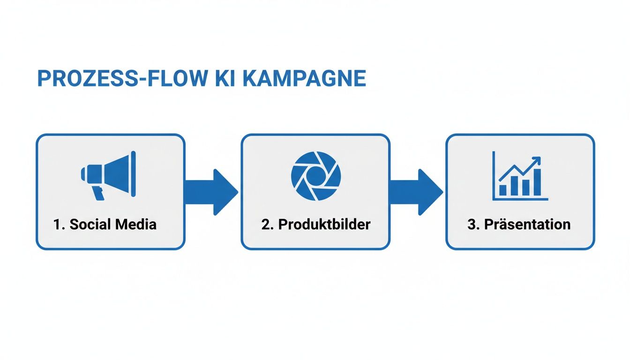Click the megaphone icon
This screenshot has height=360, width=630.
(109, 175)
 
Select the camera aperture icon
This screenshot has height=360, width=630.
(316, 176)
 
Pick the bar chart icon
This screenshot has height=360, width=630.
(520, 176)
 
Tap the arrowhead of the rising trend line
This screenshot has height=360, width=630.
(537, 161)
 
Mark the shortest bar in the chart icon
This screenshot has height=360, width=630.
(503, 190)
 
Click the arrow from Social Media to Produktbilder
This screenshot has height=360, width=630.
(211, 192)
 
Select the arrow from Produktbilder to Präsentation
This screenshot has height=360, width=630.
(416, 192)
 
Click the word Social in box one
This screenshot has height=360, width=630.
(90, 225)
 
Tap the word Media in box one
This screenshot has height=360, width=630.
(136, 225)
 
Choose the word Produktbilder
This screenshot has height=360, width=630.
(324, 225)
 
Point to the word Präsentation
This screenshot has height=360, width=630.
(527, 225)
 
